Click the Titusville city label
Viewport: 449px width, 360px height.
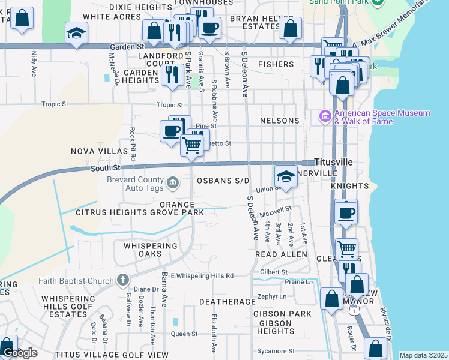(333, 162)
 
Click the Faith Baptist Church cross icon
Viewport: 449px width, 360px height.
(122, 280)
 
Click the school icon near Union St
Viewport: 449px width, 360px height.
(286, 177)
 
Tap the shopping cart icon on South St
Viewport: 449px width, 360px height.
(191, 145)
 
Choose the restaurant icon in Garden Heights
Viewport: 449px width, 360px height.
(172, 74)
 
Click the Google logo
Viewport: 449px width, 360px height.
(20, 353)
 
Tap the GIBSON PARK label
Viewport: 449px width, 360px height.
(282, 314)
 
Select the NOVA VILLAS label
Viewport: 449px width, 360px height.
(92, 151)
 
